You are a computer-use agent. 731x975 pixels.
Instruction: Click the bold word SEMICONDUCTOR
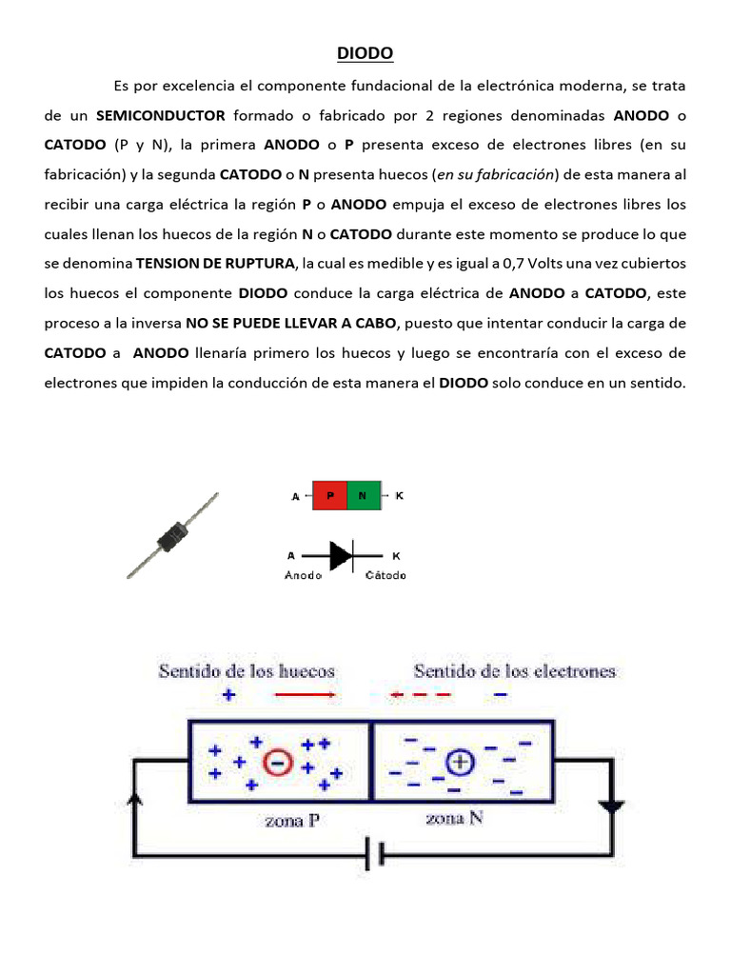161,115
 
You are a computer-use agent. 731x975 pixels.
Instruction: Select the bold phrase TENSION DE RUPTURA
217,264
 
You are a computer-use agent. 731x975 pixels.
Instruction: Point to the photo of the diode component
173,534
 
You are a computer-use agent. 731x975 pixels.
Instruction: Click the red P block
330,496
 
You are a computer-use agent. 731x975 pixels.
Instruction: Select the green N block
363,496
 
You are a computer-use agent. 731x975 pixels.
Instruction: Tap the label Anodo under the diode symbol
303,576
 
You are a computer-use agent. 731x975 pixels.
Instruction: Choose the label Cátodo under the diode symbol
386,576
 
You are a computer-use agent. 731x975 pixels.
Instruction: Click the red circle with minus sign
278,763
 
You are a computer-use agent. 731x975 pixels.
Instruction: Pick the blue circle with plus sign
460,761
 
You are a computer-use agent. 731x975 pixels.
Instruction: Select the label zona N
454,818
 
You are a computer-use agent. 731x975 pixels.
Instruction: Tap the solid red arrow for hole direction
305,695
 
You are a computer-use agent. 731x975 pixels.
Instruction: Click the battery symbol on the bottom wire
382,854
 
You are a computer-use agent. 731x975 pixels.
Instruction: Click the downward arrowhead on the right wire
611,806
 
